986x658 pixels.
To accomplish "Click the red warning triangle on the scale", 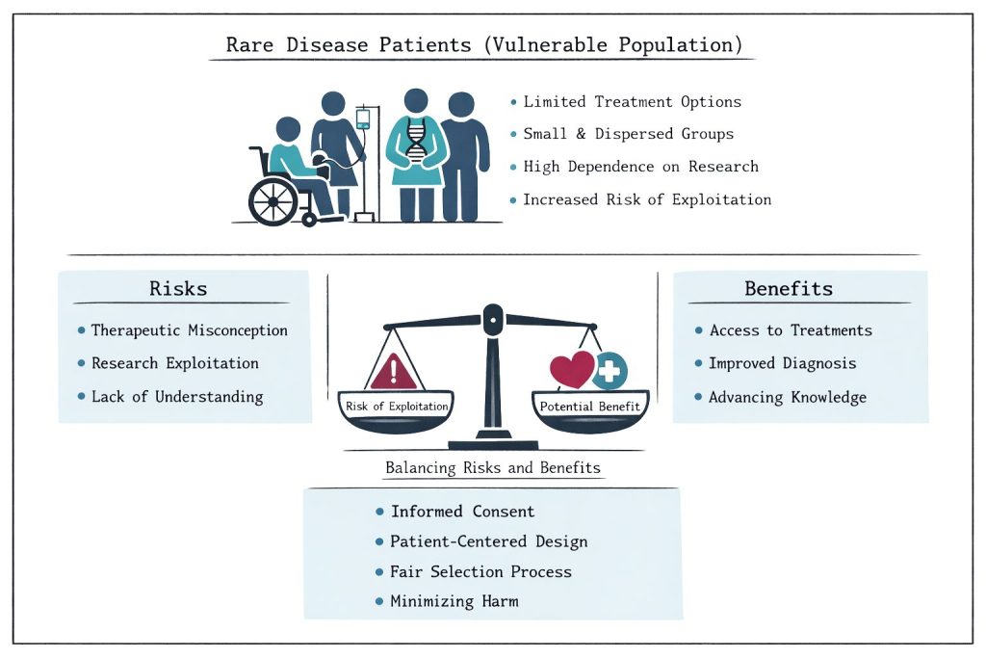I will coord(393,371).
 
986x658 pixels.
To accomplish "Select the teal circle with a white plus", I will coord(609,369).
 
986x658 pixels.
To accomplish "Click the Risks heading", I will coord(178,288).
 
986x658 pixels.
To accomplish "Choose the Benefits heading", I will coord(789,288).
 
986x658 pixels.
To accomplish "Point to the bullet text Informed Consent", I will coord(462,512).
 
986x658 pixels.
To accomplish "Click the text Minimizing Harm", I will coord(454,601).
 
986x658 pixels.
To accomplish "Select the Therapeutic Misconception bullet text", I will coord(189,330).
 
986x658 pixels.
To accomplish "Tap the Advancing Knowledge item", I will coord(788,397).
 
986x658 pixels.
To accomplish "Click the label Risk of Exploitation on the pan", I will coord(397,407).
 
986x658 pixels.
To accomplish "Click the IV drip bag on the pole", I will coord(363,118).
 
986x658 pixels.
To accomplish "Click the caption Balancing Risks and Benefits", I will coord(492,468).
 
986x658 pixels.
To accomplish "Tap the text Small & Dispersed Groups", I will coord(628,134).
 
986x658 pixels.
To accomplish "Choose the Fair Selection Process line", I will coord(480,571).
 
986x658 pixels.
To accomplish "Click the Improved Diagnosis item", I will coord(782,363).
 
